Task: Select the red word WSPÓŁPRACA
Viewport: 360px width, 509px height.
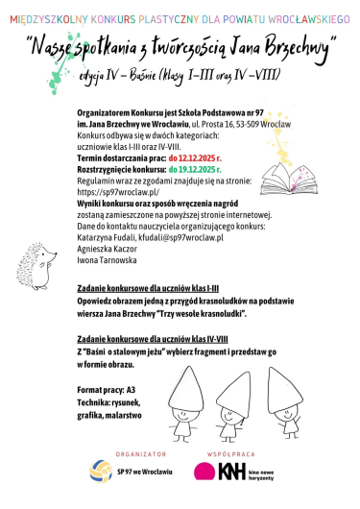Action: point(228,452)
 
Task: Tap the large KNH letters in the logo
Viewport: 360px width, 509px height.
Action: point(231,472)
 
